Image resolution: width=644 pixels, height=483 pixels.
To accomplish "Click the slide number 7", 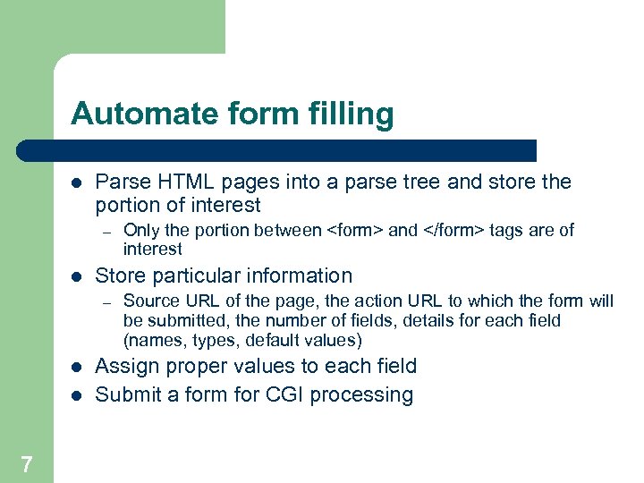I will tap(26, 463).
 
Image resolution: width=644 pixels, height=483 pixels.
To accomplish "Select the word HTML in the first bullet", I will tap(178, 182).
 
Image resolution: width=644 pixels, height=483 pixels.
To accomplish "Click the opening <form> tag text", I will tap(355, 231).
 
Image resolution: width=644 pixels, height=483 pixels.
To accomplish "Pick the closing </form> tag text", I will tap(452, 231).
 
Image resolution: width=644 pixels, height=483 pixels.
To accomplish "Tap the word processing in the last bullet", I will tap(365, 395).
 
